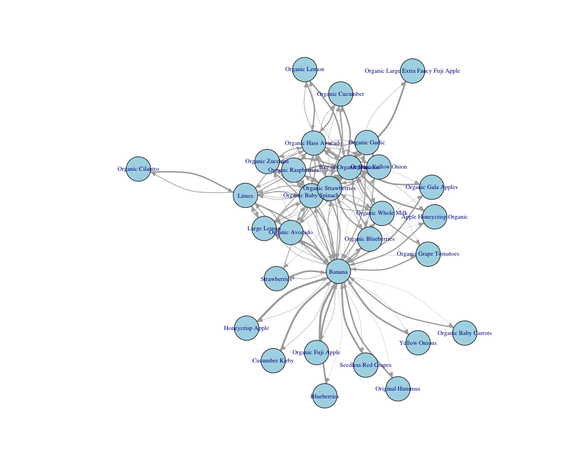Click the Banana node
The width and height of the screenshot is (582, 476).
pos(338,272)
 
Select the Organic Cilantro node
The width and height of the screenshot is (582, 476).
pos(138,169)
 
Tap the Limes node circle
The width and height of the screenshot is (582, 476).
pos(245,196)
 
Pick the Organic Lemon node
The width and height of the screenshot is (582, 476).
pos(305,69)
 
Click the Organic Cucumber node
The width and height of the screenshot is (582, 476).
pos(341,94)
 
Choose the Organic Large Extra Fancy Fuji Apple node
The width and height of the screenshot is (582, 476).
pos(412,71)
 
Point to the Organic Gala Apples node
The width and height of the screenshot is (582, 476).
pos(432,187)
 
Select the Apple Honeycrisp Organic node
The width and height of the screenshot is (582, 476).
pos(434,217)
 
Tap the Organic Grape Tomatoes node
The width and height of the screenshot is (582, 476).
pos(428,254)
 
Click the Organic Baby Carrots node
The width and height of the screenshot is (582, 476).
pos(465,333)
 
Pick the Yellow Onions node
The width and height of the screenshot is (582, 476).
pos(418,343)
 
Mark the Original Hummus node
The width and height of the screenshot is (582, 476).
pos(398,389)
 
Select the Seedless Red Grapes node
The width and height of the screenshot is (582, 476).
pos(365,365)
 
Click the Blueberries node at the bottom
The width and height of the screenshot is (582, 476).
pos(325,396)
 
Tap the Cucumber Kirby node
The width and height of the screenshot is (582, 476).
pos(273,361)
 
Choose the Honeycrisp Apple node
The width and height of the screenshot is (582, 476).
pos(246,328)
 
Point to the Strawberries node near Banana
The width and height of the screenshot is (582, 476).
pos(276,279)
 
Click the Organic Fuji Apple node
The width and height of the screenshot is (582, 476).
pos(316,353)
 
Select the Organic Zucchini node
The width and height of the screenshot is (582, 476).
pos(267,161)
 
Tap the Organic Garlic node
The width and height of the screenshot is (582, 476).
pos(367,143)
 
